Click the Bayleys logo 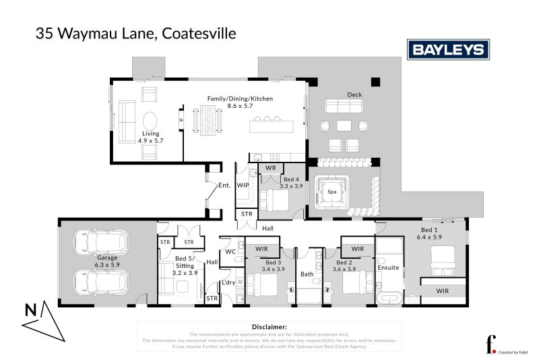tap(448, 49)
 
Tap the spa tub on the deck tap(331, 192)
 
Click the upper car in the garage tap(99, 241)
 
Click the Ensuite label tap(389, 268)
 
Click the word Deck tap(354, 94)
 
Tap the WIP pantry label tap(243, 184)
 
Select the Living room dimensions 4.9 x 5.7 tap(150, 141)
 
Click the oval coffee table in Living tap(151, 121)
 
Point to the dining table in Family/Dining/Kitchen tap(207, 121)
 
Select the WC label tap(230, 251)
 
